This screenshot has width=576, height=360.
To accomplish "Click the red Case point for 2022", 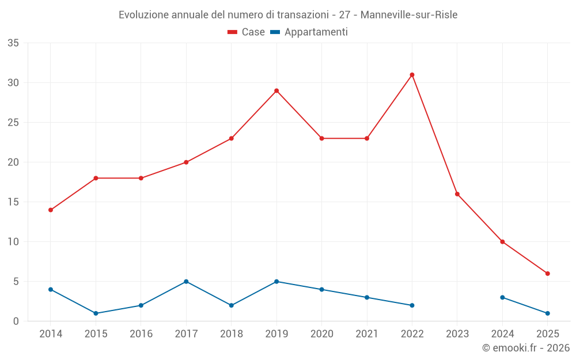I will (x=412, y=75).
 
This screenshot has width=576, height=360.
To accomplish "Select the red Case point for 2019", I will (x=276, y=90).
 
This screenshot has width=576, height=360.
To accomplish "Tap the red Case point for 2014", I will (x=51, y=210).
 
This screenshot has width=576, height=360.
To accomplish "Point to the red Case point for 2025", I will (x=547, y=274).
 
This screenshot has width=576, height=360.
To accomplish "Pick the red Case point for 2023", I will (x=457, y=194).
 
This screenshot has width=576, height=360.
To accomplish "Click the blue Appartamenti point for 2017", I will (x=186, y=282).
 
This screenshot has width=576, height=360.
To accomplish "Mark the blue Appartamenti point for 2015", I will (x=96, y=313).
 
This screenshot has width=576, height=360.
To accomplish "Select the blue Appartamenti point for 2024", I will (x=502, y=297).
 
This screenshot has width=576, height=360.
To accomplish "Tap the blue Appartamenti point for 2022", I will (x=412, y=305).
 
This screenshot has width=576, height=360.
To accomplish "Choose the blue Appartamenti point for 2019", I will (x=276, y=282).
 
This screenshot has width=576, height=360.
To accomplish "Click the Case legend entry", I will (x=247, y=32).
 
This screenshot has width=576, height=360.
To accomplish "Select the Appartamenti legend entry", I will (x=309, y=32).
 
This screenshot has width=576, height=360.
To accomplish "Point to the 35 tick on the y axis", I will (x=13, y=43).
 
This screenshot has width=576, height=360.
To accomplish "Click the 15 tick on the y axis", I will (x=13, y=202).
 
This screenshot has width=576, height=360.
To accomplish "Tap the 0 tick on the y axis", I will (x=16, y=321).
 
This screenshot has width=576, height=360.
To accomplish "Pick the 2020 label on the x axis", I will (x=321, y=334).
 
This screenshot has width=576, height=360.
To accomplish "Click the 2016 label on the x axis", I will (x=141, y=334).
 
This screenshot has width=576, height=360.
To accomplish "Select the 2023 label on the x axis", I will (x=457, y=334).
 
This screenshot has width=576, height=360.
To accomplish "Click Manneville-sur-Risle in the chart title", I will (x=408, y=15).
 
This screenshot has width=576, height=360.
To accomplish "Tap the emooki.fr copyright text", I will (x=525, y=348).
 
